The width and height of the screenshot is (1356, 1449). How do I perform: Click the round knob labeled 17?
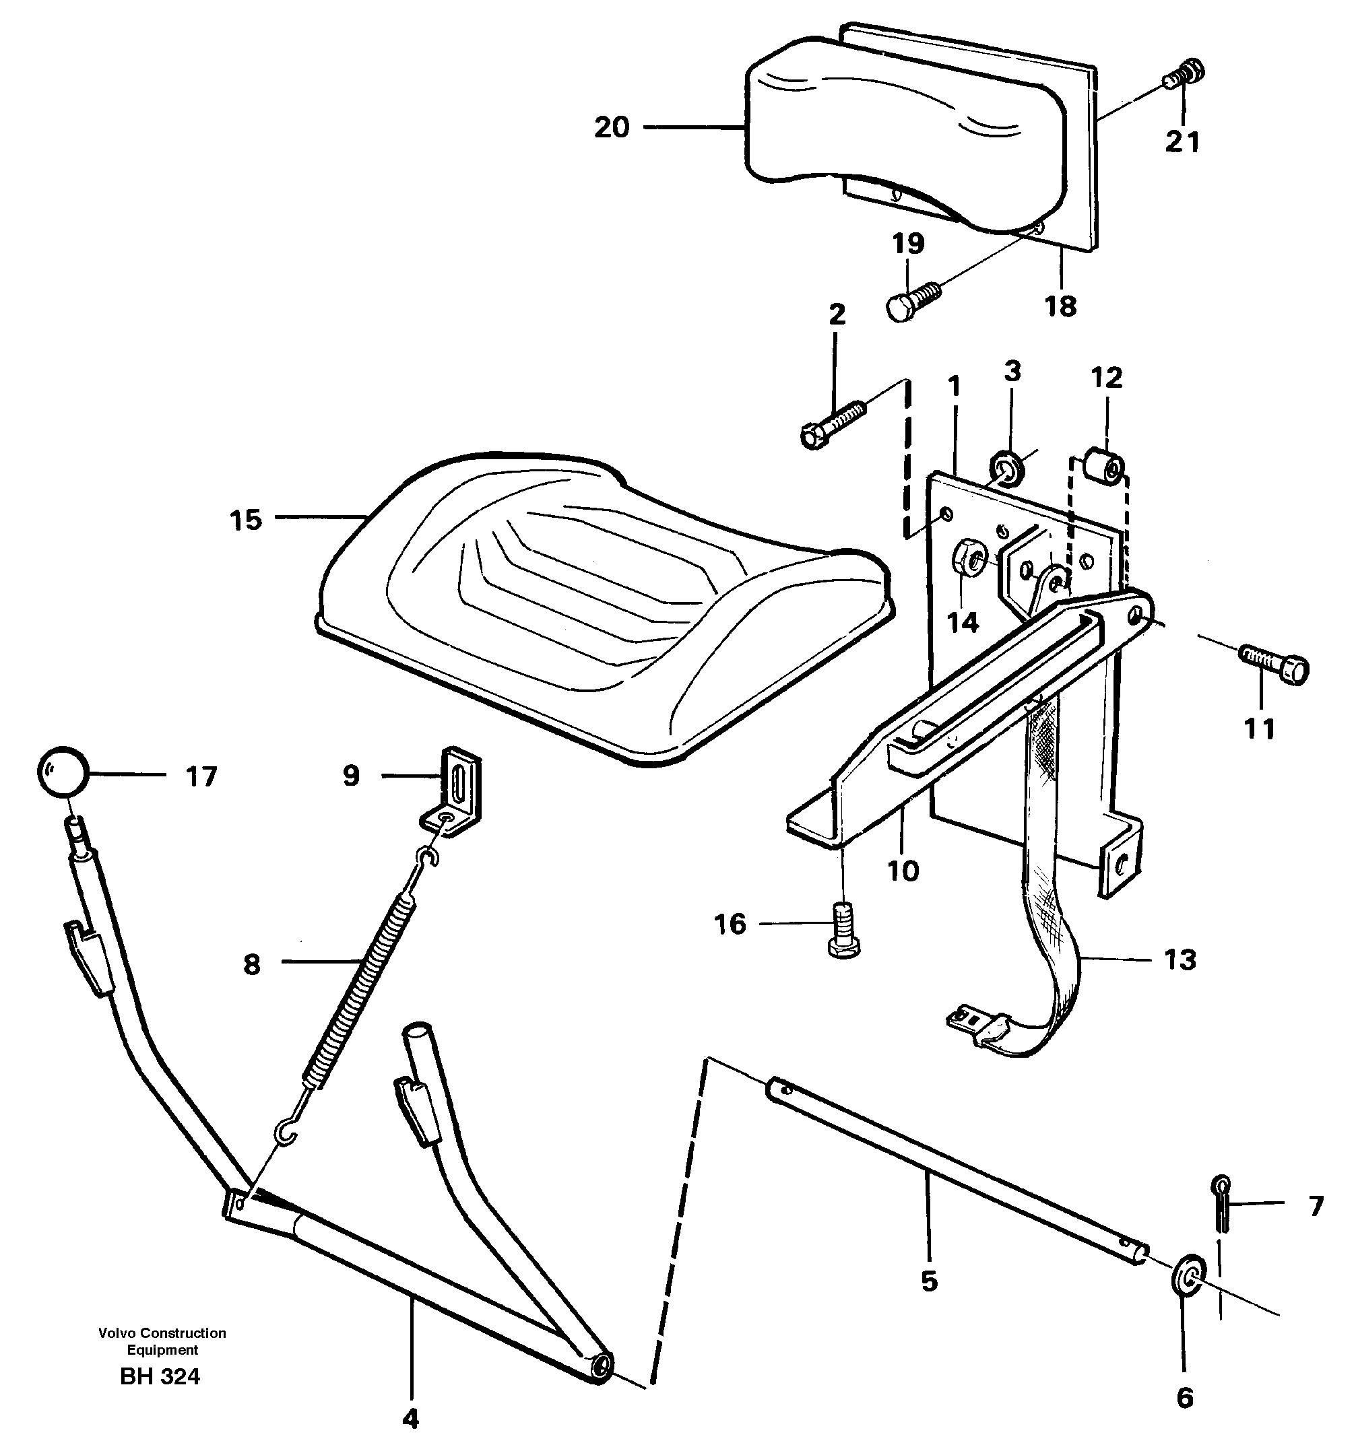pyautogui.click(x=62, y=772)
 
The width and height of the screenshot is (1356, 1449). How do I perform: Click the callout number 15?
pyautogui.click(x=245, y=520)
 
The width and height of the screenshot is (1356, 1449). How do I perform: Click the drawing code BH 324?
pyautogui.click(x=160, y=1376)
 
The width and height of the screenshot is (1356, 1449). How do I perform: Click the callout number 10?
pyautogui.click(x=903, y=870)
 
